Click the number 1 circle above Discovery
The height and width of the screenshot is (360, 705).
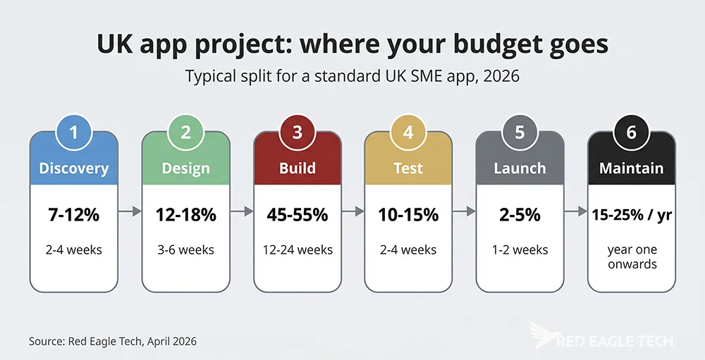point(74,133)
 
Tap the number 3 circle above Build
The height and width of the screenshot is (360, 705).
point(297,133)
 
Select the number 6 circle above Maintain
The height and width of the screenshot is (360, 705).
point(631,133)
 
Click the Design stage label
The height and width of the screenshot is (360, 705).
point(185,168)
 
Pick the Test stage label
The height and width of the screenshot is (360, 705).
point(408,168)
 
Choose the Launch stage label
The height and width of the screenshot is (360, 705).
point(520,168)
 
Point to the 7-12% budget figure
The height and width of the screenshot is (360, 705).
point(74,215)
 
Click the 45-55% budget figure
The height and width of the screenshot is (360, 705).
point(297,215)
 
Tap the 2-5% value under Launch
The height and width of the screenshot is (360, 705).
point(520,215)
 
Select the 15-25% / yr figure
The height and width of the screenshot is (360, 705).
point(631,215)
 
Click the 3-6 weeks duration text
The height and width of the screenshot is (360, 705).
point(185,250)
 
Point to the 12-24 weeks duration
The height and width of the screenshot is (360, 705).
point(297,250)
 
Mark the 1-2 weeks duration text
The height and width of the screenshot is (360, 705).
point(520,250)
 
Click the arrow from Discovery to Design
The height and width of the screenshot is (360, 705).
point(130,211)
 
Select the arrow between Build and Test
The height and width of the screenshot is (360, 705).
point(352,211)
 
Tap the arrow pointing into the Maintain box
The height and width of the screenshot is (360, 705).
point(575,211)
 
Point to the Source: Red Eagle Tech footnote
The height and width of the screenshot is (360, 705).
point(113,341)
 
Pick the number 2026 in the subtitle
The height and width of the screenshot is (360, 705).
point(500,75)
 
